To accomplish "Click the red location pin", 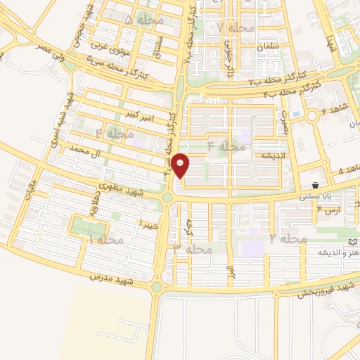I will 181,166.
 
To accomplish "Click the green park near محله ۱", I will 89,227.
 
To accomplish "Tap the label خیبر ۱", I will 148,224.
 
